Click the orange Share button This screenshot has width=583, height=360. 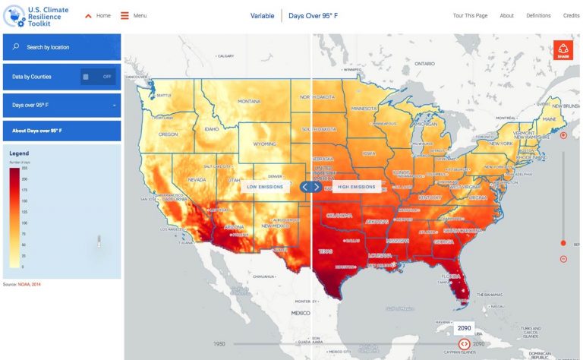click(563, 50)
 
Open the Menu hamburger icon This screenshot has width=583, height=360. click(124, 15)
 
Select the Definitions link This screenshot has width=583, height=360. click(538, 15)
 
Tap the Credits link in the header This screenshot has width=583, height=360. click(571, 15)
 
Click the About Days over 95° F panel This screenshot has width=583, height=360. click(61, 131)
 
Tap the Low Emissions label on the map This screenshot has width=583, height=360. click(265, 186)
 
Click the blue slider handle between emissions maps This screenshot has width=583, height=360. click(311, 187)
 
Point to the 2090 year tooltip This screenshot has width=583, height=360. click(464, 328)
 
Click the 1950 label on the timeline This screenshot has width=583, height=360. click(219, 344)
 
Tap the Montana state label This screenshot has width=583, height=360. click(249, 102)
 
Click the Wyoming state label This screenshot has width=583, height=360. click(264, 143)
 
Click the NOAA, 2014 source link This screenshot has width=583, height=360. click(29, 284)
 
